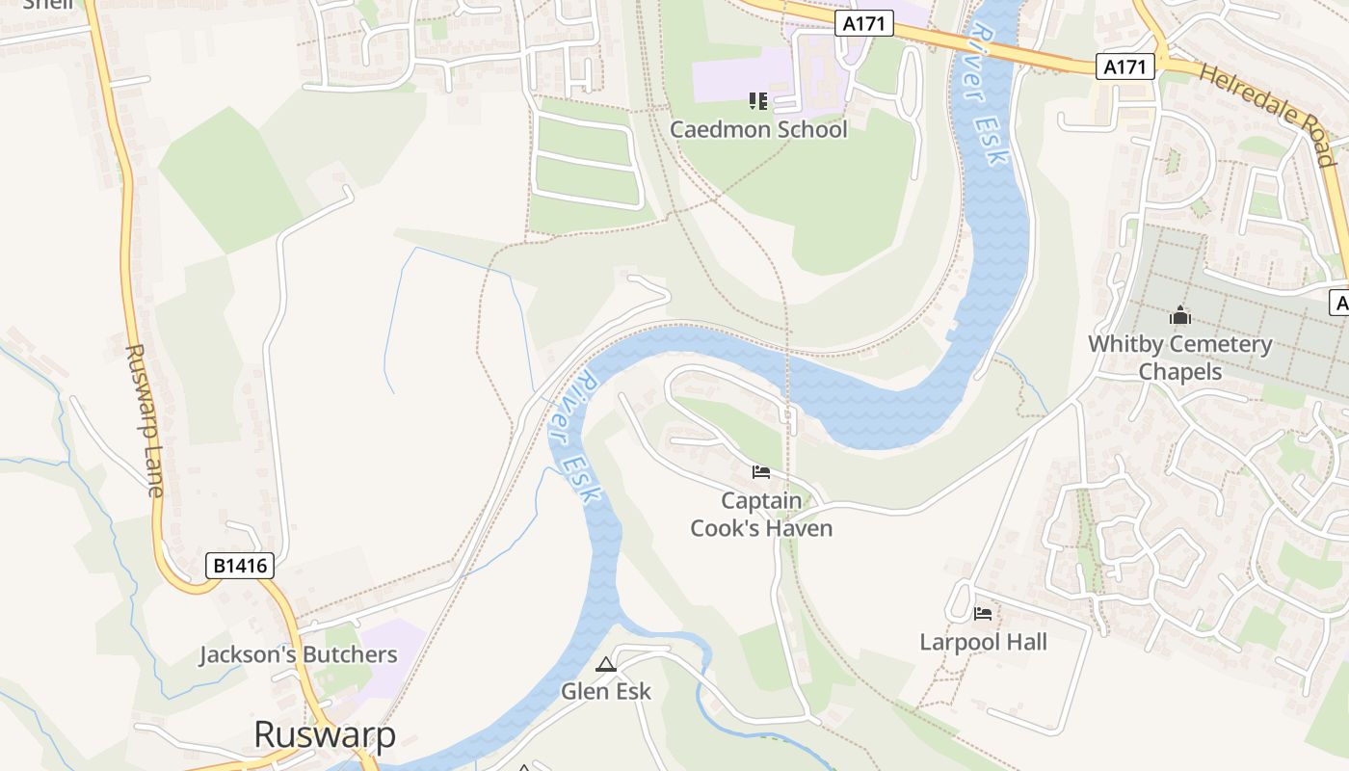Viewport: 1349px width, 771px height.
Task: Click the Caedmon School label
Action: (758, 129)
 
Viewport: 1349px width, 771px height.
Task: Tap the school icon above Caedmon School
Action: (758, 100)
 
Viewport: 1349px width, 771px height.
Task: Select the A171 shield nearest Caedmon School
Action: (863, 23)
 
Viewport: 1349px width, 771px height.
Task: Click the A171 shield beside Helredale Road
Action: (1125, 66)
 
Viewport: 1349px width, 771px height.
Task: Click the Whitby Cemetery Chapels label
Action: (1180, 358)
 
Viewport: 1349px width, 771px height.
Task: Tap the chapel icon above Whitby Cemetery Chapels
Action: (1180, 315)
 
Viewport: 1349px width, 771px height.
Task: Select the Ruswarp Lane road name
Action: (143, 420)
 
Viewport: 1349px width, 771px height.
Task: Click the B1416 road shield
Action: (240, 566)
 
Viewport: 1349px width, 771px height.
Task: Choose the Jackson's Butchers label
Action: (298, 654)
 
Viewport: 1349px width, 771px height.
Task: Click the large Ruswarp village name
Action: (325, 734)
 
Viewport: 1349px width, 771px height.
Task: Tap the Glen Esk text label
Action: (606, 691)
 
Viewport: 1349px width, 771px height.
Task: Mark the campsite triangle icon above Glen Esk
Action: (605, 664)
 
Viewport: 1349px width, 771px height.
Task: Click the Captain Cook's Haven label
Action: (761, 515)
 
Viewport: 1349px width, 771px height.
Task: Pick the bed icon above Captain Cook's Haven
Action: (761, 472)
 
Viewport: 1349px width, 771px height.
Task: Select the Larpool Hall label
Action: (983, 642)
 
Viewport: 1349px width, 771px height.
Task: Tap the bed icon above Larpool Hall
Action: (983, 613)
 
